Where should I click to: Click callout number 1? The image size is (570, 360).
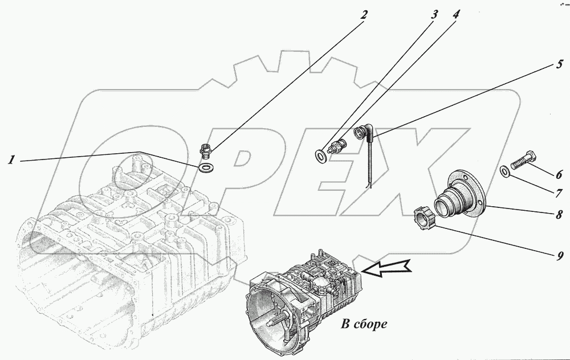pos(10,161)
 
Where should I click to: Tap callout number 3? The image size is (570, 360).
pos(434,15)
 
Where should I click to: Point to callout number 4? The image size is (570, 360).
pos(455,15)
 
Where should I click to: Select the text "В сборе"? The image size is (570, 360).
pos(364,325)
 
